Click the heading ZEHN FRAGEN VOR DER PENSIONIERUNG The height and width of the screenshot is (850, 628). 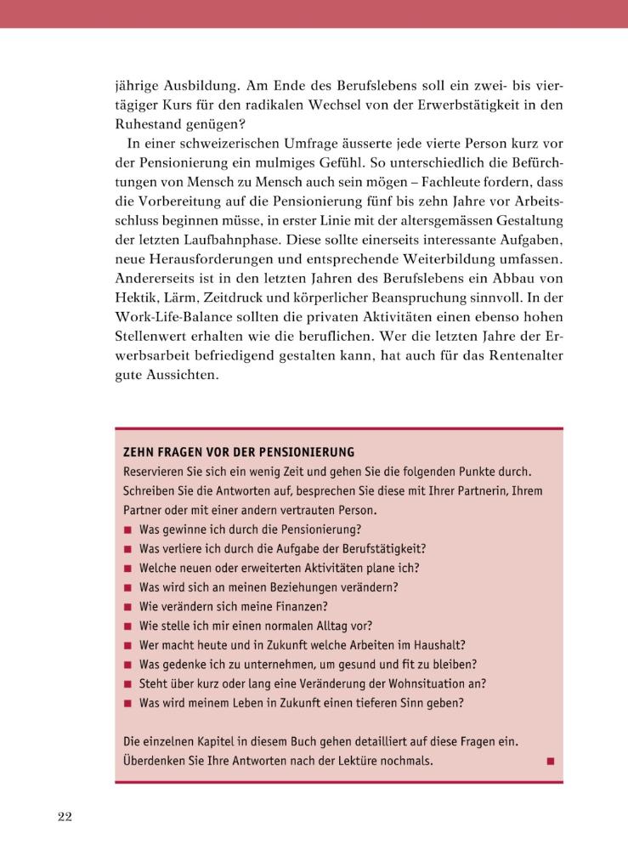(x=239, y=452)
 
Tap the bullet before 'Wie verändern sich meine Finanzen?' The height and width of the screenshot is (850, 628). (x=127, y=607)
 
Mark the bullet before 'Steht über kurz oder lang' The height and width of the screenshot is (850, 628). (x=127, y=684)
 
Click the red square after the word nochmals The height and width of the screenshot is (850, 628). (x=550, y=761)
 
